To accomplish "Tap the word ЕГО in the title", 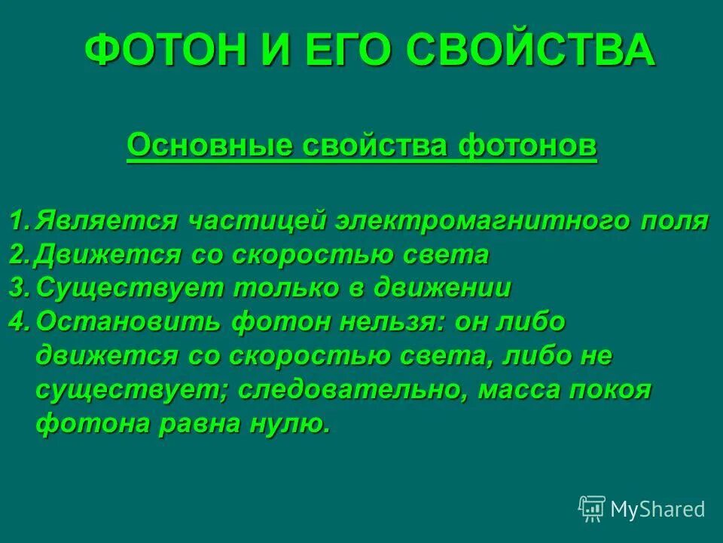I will pos(350,51).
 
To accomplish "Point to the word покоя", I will pos(609,390).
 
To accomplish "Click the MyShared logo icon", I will pos(592,508).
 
